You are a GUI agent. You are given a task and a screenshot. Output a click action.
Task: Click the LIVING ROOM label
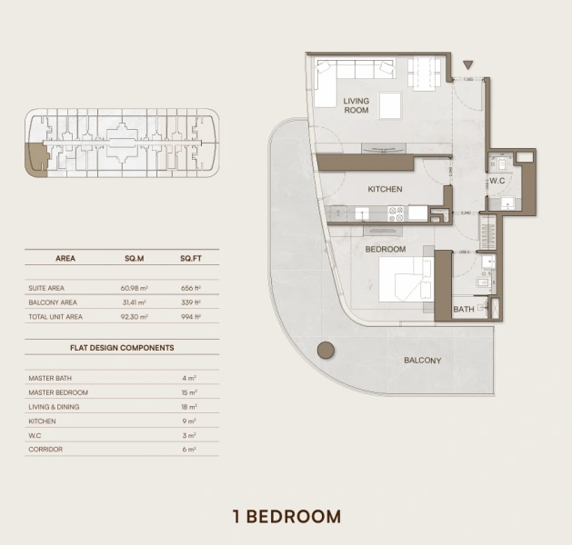(x=356, y=105)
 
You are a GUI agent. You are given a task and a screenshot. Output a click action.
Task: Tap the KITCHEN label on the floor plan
(x=385, y=190)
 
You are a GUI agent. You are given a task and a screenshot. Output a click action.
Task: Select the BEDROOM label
(x=385, y=248)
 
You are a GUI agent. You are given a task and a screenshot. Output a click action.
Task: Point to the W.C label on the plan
(x=497, y=180)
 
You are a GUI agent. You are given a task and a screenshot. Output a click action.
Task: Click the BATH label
(x=464, y=310)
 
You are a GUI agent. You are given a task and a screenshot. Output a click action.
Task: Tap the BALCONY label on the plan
(x=422, y=361)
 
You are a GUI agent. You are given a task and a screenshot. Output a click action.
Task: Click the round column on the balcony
(x=325, y=351)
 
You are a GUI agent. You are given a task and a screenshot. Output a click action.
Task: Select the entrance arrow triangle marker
(x=468, y=65)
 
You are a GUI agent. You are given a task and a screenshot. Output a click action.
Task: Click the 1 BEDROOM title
(x=286, y=517)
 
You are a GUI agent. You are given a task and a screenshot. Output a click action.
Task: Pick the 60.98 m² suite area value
(x=135, y=288)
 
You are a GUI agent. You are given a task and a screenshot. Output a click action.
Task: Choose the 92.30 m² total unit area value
(x=135, y=317)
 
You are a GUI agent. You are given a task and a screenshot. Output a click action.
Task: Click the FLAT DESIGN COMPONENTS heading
(x=122, y=347)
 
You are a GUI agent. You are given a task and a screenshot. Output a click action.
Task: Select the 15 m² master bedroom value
(x=188, y=392)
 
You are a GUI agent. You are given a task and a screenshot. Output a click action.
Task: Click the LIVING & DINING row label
(x=54, y=407)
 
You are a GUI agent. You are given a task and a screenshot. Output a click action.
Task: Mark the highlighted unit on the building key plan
(x=36, y=160)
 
